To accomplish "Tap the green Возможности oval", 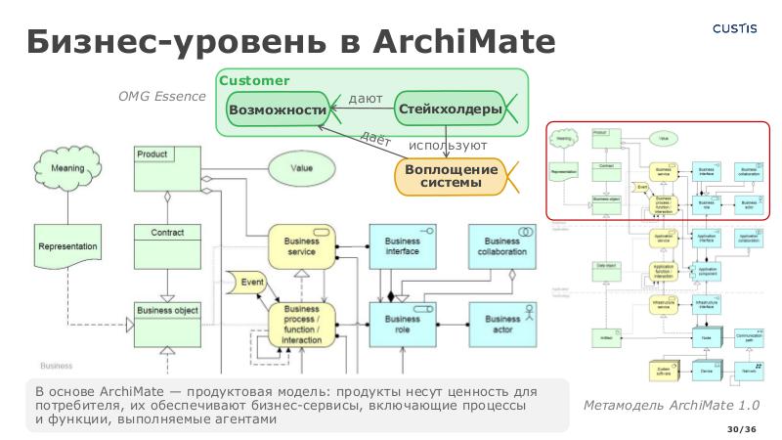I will pyautogui.click(x=277, y=110).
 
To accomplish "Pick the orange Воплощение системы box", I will pyautogui.click(x=451, y=176).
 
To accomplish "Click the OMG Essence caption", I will pyautogui.click(x=162, y=96).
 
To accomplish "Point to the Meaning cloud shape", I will pyautogui.click(x=67, y=169).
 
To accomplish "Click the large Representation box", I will pyautogui.click(x=68, y=249).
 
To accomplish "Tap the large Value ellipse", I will pyautogui.click(x=301, y=167).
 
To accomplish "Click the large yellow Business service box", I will pyautogui.click(x=302, y=246).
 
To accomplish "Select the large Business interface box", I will pyautogui.click(x=402, y=246).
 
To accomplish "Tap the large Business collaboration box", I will pyautogui.click(x=502, y=246).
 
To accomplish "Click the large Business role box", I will pyautogui.click(x=402, y=325).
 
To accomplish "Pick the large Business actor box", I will pyautogui.click(x=502, y=325).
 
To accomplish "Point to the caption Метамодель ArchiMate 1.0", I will pyautogui.click(x=671, y=405).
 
